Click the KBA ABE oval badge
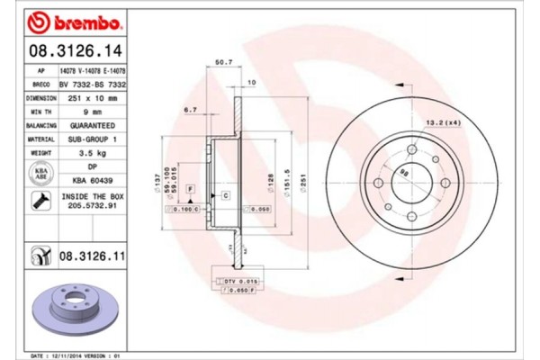click(x=40, y=173)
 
